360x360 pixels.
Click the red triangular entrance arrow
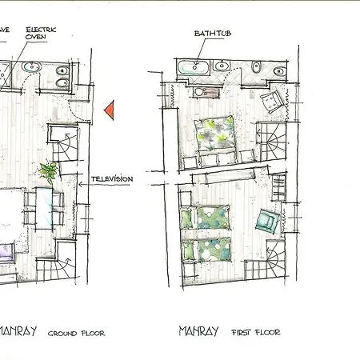111,107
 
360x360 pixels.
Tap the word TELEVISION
111,178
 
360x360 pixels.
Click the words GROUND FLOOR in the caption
76,333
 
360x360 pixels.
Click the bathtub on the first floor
191,66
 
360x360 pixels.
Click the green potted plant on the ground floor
48,170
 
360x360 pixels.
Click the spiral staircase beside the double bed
275,145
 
